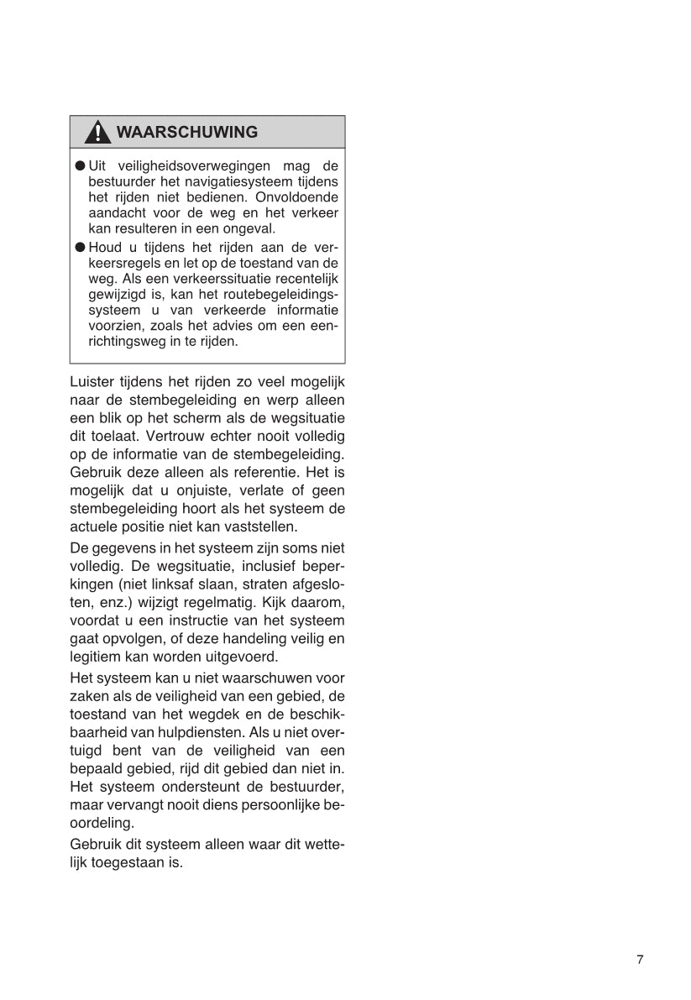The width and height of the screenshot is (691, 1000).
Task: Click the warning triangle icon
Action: click(x=98, y=133)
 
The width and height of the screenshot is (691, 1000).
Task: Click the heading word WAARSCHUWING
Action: click(x=186, y=133)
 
